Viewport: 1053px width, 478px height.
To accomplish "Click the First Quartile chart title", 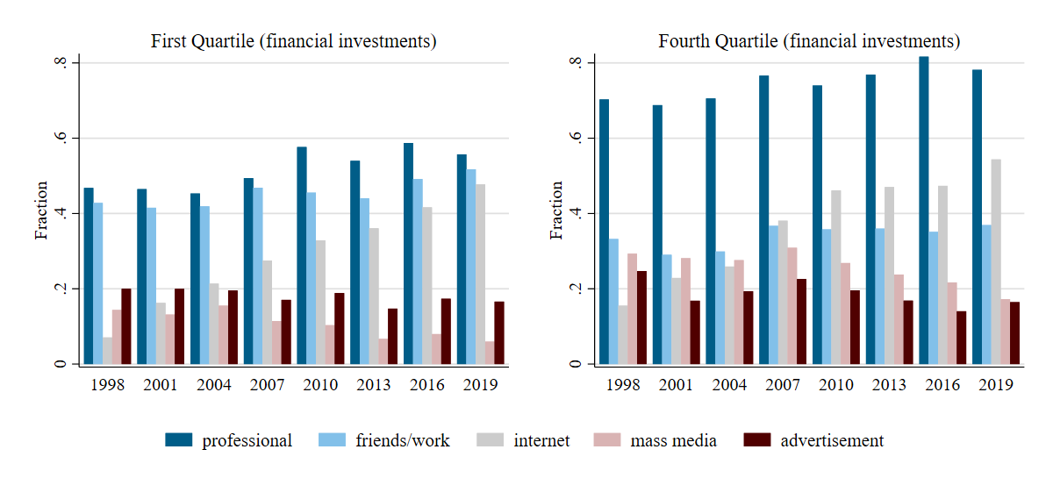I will click(293, 41).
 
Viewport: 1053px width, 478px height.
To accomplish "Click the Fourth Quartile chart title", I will click(809, 41).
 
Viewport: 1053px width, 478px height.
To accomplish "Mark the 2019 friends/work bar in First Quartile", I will click(470, 267).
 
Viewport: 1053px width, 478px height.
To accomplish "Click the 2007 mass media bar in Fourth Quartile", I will click(792, 306).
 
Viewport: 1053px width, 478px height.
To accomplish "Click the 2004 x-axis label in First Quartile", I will click(214, 385).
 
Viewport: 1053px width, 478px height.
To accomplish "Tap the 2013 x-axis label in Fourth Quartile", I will click(889, 385).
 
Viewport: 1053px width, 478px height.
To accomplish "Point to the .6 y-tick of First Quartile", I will click(61, 139).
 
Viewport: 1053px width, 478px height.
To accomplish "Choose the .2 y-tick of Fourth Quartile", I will click(577, 289).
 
